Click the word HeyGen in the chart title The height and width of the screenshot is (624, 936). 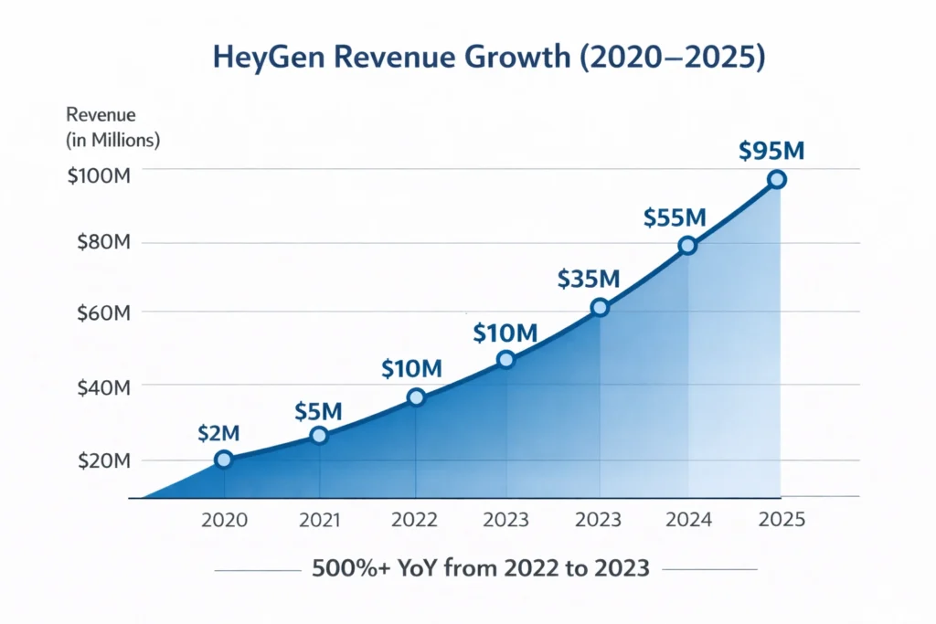(267, 58)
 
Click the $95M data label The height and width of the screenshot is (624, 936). (771, 151)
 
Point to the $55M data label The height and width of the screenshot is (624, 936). (675, 217)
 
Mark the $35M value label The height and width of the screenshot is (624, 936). (590, 280)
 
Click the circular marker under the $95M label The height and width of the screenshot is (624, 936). (776, 180)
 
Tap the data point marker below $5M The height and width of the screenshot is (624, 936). (318, 436)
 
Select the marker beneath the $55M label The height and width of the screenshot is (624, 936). (687, 246)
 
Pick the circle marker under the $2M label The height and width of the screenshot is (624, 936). (224, 460)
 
